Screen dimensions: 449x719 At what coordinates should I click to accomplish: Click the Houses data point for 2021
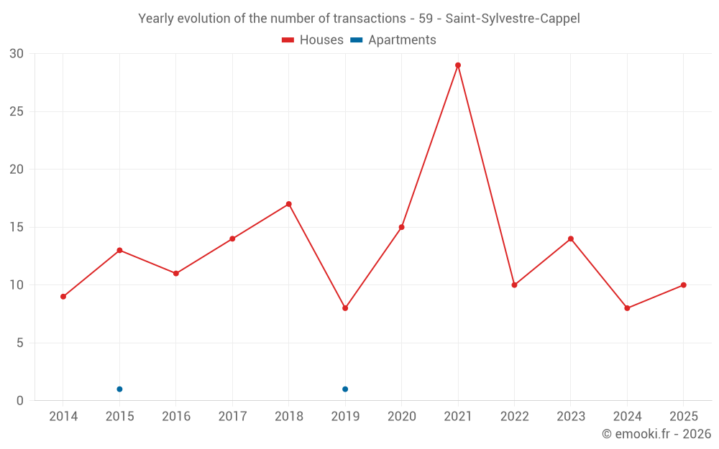pos(458,65)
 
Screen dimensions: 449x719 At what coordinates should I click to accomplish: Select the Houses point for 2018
pos(289,204)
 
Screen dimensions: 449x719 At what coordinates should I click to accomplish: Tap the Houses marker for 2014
pos(63,297)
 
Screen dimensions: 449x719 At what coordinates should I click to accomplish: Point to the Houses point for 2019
pos(345,308)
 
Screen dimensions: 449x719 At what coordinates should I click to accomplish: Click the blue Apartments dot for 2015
pos(119,389)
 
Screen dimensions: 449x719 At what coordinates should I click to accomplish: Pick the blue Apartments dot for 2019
pos(345,389)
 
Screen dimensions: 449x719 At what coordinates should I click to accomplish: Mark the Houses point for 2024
pos(627,308)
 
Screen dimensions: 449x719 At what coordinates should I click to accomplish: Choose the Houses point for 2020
pos(401,227)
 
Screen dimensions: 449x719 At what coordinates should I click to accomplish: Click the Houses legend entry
pos(313,40)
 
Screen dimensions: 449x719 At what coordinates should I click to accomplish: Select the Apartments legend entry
pos(393,40)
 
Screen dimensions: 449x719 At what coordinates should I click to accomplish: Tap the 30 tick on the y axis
pos(17,54)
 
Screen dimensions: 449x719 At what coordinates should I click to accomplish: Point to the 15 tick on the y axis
pos(17,227)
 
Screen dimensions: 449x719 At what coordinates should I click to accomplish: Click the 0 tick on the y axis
pos(20,401)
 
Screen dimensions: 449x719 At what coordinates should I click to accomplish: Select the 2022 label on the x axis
pos(514,417)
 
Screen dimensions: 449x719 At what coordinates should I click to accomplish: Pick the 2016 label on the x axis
pos(176,417)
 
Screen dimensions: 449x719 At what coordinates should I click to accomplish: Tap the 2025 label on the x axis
pos(683,417)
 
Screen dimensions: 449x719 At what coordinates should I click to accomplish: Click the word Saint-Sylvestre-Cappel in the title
pos(513,19)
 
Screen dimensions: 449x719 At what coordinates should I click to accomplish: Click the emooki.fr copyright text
pos(656,434)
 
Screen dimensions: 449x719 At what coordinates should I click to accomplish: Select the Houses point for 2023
pos(571,239)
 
